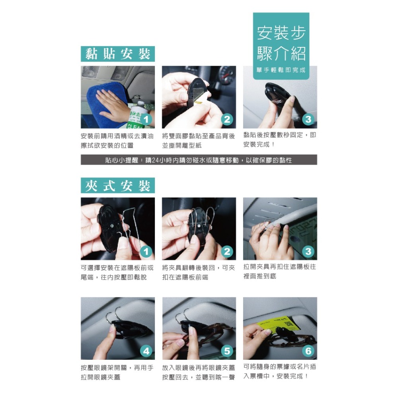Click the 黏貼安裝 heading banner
click(118, 54)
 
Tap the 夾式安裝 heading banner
click(118, 185)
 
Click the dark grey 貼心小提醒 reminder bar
click(199, 160)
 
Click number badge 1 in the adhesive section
click(146, 119)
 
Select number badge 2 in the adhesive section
click(227, 119)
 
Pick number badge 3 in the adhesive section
click(308, 119)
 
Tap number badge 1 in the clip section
click(146, 251)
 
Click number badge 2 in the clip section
click(227, 251)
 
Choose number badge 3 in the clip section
click(308, 251)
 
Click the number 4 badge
click(146, 351)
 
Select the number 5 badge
click(227, 351)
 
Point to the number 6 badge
click(308, 351)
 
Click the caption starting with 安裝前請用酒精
click(117, 141)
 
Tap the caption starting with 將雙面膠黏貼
click(198, 141)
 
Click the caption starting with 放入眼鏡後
click(198, 372)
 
